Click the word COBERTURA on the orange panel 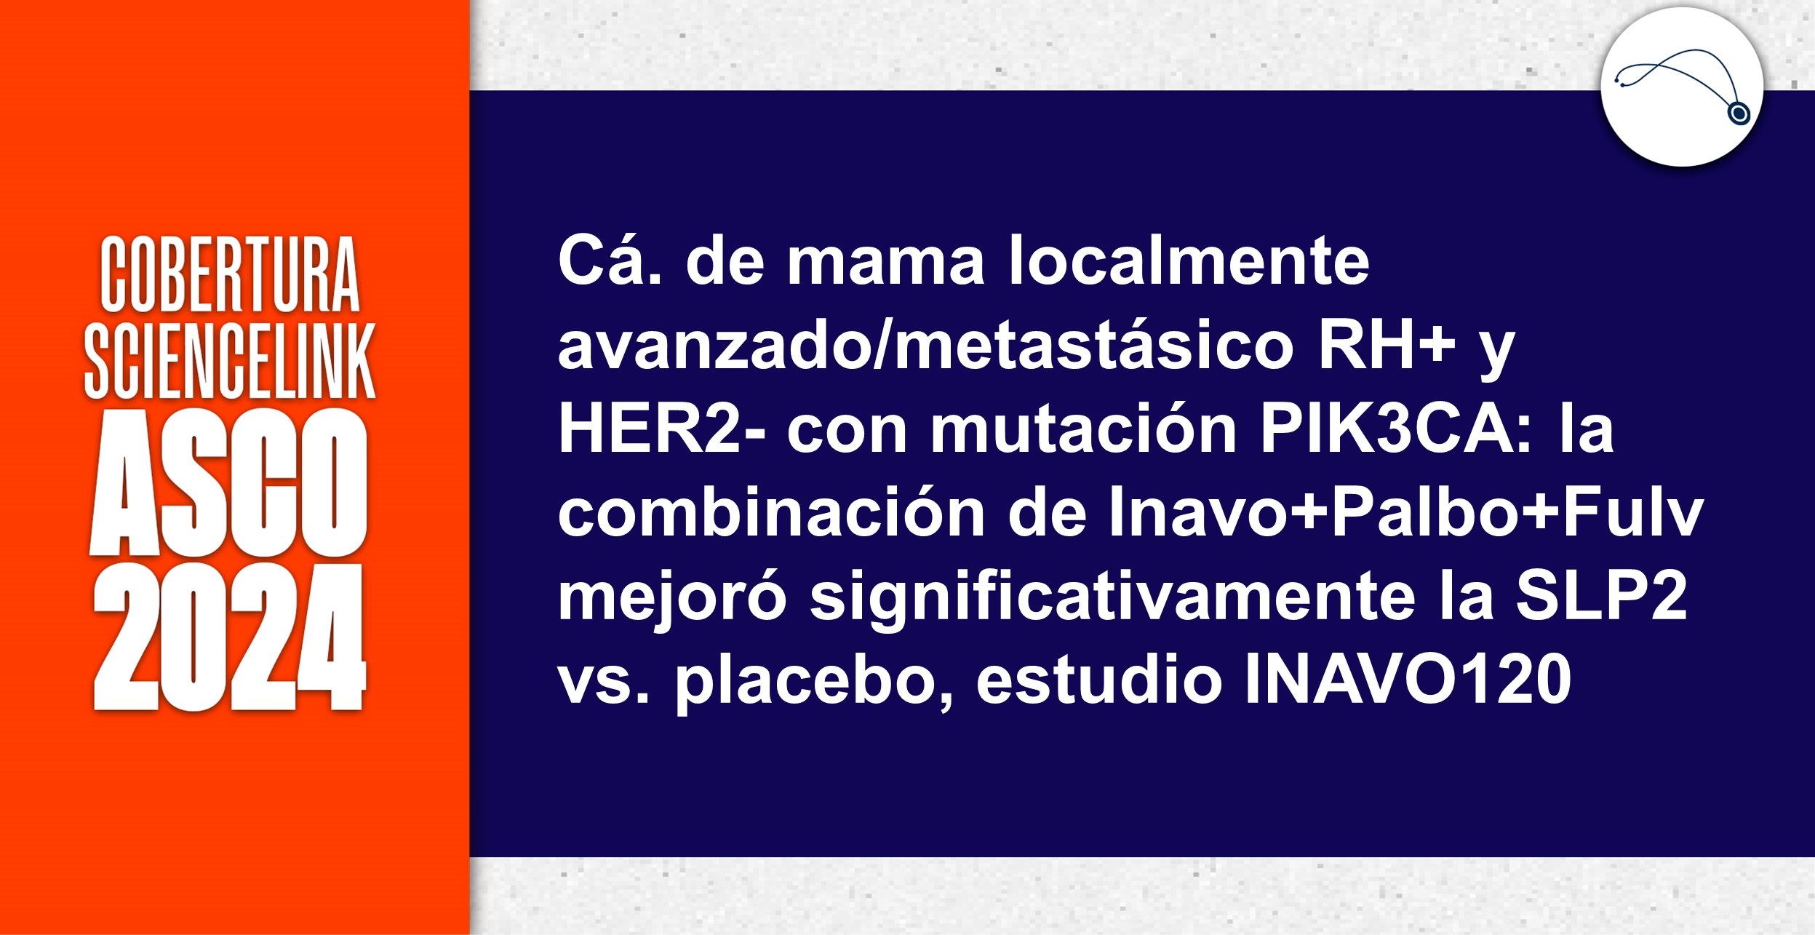tap(230, 274)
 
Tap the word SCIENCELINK tap(230, 362)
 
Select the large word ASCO tap(230, 482)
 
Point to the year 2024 tap(230, 637)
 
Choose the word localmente tap(1189, 261)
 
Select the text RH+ tap(1386, 346)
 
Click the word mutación tap(1084, 429)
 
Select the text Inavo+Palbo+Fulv tap(1405, 513)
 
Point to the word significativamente tap(1112, 597)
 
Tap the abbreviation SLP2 tap(1601, 597)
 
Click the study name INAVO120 tap(1408, 681)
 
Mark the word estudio tap(1098, 681)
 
